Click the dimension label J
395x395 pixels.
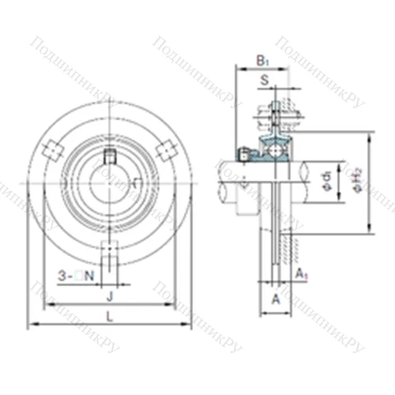(x=110, y=295)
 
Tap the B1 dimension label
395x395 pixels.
(x=263, y=60)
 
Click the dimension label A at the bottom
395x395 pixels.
(x=275, y=299)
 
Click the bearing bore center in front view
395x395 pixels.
(x=111, y=180)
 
